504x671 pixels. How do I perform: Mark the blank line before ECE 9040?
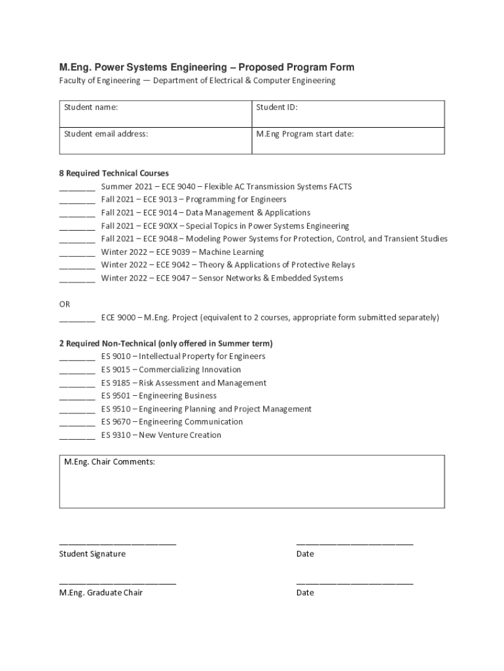77,188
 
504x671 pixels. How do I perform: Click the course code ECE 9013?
159,199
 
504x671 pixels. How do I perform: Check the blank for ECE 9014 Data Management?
77,214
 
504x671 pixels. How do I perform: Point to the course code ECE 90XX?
159,225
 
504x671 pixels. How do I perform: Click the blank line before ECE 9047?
77,280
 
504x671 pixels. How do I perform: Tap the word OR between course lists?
65,304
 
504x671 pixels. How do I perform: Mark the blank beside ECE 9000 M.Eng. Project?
77,319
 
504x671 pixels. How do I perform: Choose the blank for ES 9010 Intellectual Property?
77,358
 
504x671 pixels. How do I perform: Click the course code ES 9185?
116,383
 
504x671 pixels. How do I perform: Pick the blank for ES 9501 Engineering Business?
77,398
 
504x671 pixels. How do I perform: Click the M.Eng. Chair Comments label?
109,462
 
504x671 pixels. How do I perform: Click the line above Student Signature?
118,544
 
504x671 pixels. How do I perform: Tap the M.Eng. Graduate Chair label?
101,592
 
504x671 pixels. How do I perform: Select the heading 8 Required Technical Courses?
114,174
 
